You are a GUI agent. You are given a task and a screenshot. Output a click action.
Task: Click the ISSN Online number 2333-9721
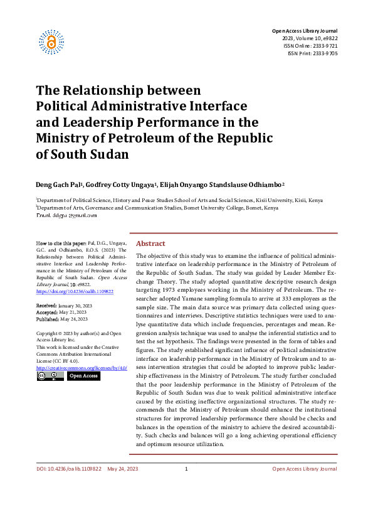324,46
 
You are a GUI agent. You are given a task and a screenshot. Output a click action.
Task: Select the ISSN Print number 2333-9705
324,53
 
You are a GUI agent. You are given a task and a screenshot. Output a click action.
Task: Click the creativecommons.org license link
81,367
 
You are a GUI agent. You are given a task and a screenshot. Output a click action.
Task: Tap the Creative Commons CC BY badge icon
50,376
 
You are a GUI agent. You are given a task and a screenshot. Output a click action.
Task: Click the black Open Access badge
83,376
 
